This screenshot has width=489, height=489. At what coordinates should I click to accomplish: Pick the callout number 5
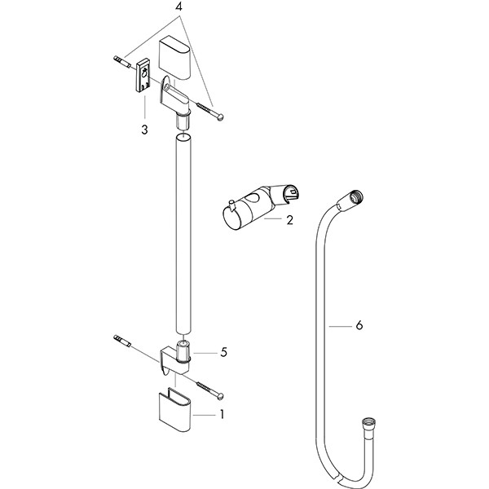(x=223, y=352)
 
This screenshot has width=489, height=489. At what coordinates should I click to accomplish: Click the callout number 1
(x=220, y=414)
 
